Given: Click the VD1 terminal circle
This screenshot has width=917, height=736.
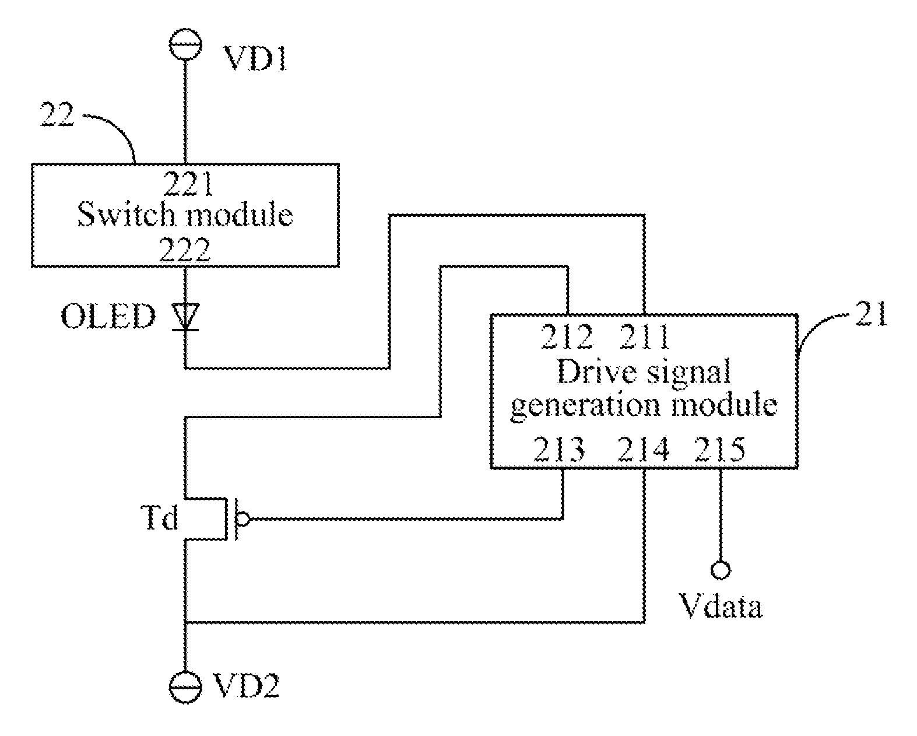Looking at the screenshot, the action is tap(185, 44).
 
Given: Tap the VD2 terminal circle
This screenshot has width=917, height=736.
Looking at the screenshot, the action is tap(185, 687).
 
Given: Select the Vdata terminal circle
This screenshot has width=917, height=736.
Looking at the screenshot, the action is tap(721, 570).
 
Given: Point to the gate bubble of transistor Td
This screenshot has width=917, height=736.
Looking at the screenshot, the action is tap(243, 519).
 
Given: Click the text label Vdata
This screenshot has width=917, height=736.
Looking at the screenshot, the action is tap(721, 606).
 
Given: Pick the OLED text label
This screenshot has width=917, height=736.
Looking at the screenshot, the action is tap(108, 317).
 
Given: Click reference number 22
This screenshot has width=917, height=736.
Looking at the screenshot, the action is tap(57, 114).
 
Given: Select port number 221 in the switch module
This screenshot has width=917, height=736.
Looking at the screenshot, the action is tap(188, 184).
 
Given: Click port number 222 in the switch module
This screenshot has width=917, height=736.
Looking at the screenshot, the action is tap(185, 250).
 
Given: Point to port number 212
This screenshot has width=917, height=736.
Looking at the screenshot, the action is tap(567, 337).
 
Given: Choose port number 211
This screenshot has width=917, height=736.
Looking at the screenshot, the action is tap(645, 337).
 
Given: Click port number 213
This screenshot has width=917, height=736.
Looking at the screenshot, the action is tap(560, 449).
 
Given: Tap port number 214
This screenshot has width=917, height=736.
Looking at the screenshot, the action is tap(643, 449).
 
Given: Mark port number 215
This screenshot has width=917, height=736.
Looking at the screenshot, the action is tap(720, 449).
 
